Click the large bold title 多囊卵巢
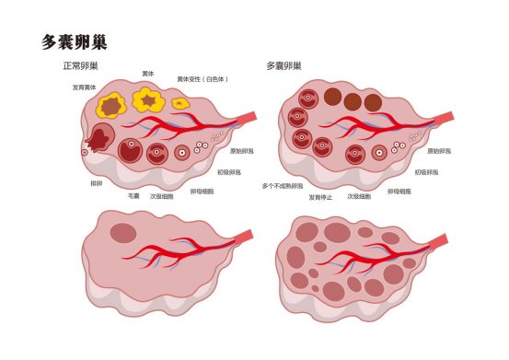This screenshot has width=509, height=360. tap(75, 41)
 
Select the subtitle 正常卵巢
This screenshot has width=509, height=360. tap(80, 66)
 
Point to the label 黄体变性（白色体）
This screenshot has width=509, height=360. tap(204, 79)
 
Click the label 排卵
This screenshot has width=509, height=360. tap(96, 183)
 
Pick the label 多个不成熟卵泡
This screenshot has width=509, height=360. tap(282, 185)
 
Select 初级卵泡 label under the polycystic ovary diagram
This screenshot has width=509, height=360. tap(426, 172)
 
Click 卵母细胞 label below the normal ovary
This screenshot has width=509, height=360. tap(202, 192)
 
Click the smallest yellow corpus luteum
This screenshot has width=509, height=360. tap(179, 103)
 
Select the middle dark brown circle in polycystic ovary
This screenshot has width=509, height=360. tap(352, 100)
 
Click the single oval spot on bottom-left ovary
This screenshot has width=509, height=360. tap(122, 234)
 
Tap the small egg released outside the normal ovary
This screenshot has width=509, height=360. tap(85, 152)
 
